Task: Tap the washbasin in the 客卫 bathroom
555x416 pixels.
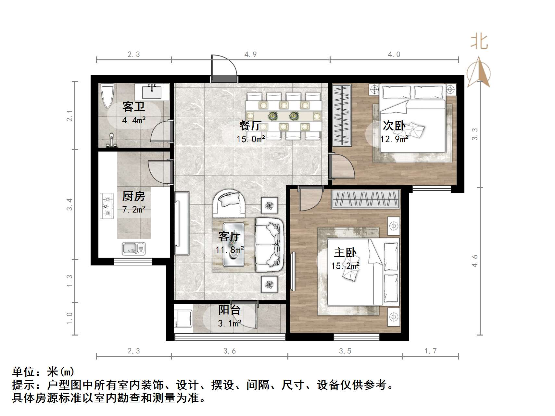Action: point(152,92)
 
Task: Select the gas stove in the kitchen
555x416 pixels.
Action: point(107,206)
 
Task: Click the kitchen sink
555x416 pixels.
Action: point(133,249)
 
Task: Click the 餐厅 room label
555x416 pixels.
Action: point(250,125)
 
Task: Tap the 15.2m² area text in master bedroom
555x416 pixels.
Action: point(345,266)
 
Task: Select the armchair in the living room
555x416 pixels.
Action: point(229,203)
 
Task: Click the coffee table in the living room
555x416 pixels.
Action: point(233,245)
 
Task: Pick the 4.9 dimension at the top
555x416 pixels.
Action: point(250,55)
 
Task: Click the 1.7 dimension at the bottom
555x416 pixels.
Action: point(431,351)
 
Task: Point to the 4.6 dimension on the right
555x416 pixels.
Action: point(475,261)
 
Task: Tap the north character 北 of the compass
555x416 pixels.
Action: point(479,42)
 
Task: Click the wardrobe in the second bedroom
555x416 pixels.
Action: point(342,115)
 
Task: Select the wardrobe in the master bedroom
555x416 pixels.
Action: point(365,199)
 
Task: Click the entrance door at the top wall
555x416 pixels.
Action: point(224,69)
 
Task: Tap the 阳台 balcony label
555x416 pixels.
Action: point(229,310)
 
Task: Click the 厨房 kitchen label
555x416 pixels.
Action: point(133,196)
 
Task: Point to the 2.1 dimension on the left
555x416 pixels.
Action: point(69,116)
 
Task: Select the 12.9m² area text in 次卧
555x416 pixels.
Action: point(394,139)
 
